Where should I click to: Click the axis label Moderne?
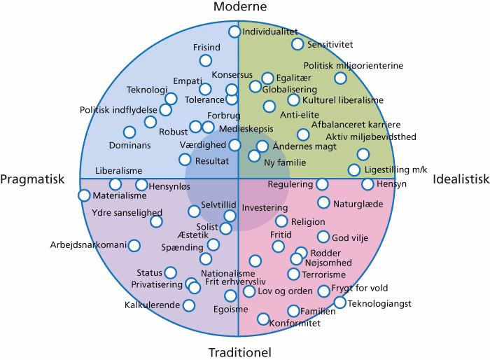[x=241, y=8]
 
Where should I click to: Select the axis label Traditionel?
[x=241, y=352]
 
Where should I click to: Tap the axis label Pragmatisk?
[x=32, y=179]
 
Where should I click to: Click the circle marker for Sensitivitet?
[x=297, y=44]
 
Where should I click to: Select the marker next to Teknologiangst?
[x=339, y=303]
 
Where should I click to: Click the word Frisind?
[x=206, y=48]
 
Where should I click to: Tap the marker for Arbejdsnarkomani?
[x=134, y=245]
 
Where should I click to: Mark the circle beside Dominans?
[x=129, y=132]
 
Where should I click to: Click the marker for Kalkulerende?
[x=188, y=305]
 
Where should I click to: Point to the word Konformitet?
[x=295, y=323]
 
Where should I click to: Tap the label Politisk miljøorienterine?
[x=353, y=66]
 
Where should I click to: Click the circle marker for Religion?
[x=281, y=221]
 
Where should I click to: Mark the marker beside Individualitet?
[x=234, y=32]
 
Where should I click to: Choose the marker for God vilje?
[x=323, y=237]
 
